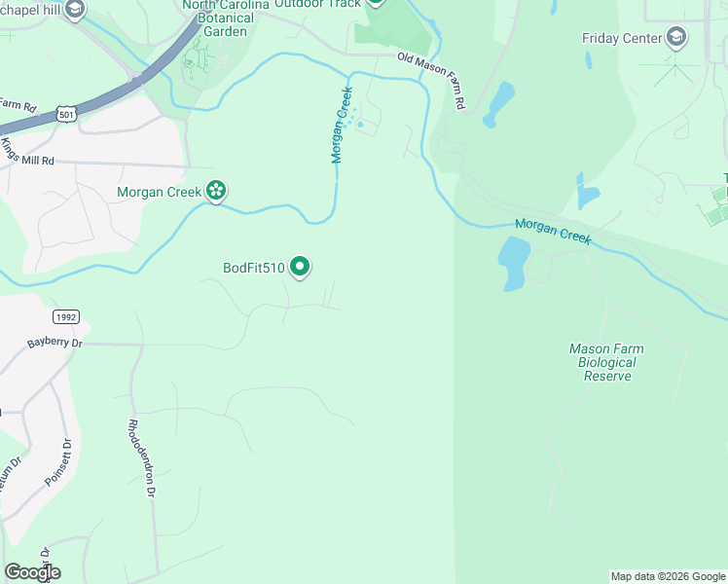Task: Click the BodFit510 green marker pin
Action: pyautogui.click(x=301, y=266)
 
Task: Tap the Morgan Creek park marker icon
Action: pyautogui.click(x=217, y=191)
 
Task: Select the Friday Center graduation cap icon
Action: pyautogui.click(x=675, y=39)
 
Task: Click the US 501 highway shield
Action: pyautogui.click(x=67, y=115)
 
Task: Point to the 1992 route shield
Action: pyautogui.click(x=65, y=316)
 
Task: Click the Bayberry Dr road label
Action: pyautogui.click(x=55, y=343)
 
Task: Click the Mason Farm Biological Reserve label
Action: pyautogui.click(x=606, y=362)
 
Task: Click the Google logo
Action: pyautogui.click(x=32, y=572)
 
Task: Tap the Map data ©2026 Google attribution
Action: pyautogui.click(x=668, y=576)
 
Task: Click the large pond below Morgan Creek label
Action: pyautogui.click(x=513, y=262)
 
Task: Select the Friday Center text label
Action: pyautogui.click(x=621, y=39)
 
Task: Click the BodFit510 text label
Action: pyautogui.click(x=253, y=268)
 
